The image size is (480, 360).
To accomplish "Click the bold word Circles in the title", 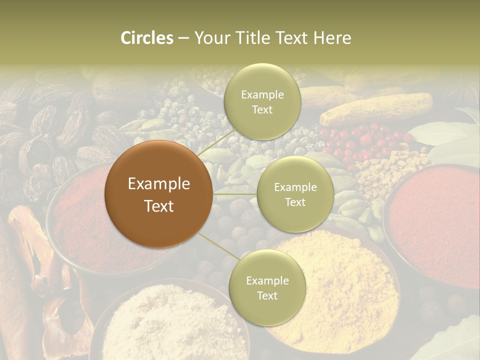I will [x=147, y=38].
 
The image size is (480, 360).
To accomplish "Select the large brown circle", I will [x=159, y=194].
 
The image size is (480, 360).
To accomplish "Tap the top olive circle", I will [x=262, y=101].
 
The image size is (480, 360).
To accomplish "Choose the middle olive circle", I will [x=295, y=194].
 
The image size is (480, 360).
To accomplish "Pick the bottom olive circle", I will [x=267, y=287].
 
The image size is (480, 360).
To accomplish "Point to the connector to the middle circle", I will [x=234, y=193].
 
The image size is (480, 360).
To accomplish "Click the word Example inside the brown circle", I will [x=159, y=184].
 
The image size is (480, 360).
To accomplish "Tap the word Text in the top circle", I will [x=262, y=110].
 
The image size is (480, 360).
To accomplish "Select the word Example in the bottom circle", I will [x=267, y=280].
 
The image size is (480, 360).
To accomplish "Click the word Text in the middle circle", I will [x=295, y=202].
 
